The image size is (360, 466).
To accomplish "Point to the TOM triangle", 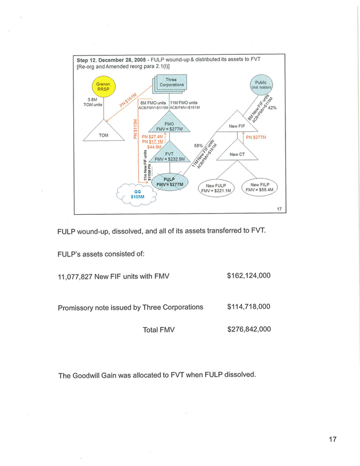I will (104, 134).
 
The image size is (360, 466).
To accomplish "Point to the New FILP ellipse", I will (261, 186).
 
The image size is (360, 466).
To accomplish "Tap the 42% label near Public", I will (273, 107).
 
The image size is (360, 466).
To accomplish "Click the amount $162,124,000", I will (249, 275).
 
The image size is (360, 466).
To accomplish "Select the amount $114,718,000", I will (249, 307).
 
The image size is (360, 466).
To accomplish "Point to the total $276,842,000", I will (249, 329).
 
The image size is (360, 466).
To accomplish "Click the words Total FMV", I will (158, 330).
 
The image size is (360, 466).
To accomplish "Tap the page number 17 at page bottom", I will (333, 439).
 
